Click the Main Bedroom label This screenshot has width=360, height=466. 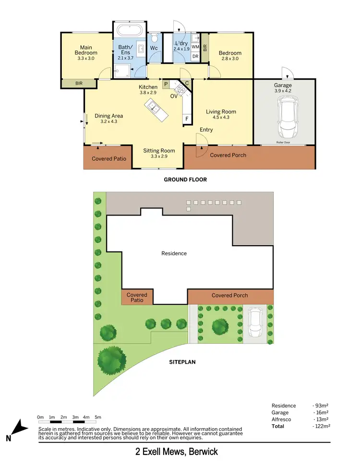pos(86,50)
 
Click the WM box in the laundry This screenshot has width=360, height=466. pos(195,47)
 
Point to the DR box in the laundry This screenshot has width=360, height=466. pos(195,57)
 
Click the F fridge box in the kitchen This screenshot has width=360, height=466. pos(186,118)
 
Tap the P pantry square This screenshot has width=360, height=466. pos(166,84)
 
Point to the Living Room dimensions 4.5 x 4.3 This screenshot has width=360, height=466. pos(221,117)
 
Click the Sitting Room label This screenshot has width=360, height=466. pos(159,151)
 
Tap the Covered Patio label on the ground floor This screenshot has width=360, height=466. pos(109,159)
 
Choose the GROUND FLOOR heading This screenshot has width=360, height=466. pos(185,179)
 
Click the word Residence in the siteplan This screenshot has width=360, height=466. pos(174,253)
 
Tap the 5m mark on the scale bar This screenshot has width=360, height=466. pos(98,417)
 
